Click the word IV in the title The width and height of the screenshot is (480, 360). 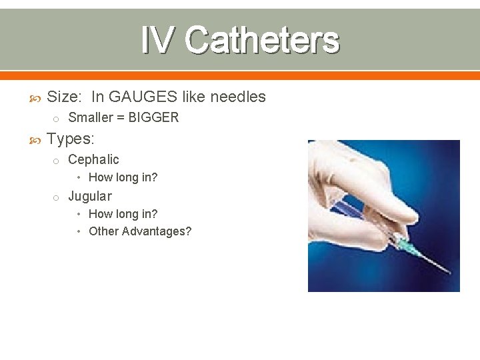159,40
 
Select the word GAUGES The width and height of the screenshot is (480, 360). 143,97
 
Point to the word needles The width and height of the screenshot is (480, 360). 238,97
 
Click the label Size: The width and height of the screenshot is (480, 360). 65,97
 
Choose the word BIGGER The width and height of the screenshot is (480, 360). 154,118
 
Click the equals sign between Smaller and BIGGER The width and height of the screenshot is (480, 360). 123,118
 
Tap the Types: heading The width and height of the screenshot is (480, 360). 71,139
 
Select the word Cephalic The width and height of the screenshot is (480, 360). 93,159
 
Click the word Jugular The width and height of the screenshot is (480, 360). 90,196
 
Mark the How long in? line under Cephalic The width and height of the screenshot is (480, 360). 123,177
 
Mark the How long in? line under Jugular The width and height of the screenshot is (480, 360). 123,214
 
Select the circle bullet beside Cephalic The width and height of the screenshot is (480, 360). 57,160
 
